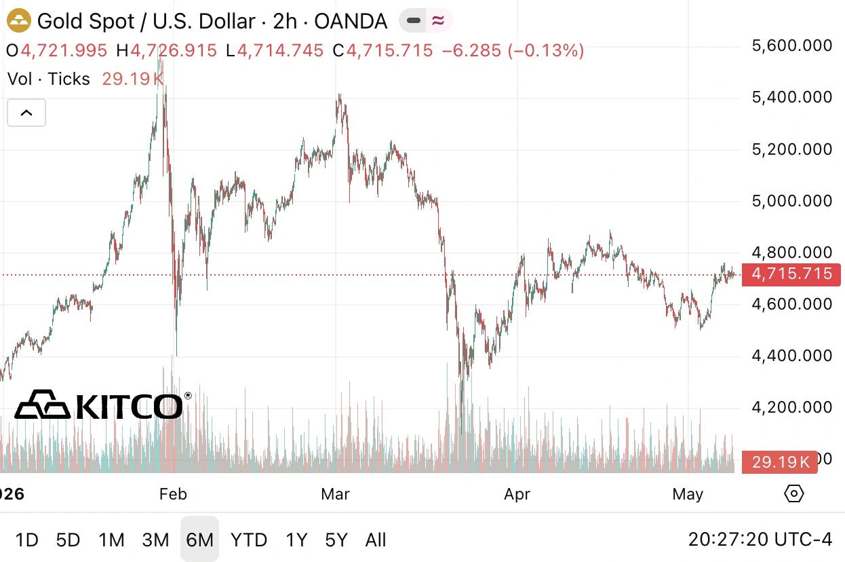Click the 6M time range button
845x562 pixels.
[x=199, y=539]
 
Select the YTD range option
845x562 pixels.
[x=249, y=540]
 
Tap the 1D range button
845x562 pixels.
[x=26, y=540]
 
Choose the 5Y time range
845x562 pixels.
[x=336, y=540]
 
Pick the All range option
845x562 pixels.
[x=375, y=540]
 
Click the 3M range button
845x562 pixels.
[x=155, y=540]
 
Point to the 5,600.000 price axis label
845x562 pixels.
[x=792, y=45]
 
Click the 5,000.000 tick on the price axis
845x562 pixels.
[x=792, y=201]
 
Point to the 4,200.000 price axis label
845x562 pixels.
[x=792, y=407]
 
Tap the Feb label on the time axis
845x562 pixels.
[x=173, y=494]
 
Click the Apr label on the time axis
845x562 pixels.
[x=517, y=494]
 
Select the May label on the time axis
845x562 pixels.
[x=688, y=494]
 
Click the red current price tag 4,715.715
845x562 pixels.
[x=791, y=274]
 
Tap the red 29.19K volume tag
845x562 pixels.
[x=780, y=462]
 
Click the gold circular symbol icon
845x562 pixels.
[x=19, y=21]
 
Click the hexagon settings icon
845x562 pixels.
[x=794, y=493]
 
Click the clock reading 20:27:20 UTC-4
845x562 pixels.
[x=760, y=540]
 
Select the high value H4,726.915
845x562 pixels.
[x=166, y=51]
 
